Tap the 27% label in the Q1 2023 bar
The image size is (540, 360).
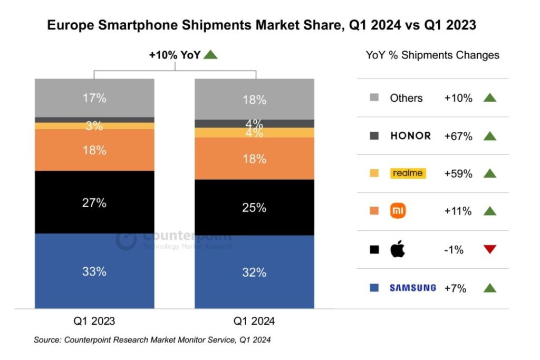(95, 203)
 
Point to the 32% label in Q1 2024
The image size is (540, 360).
(254, 273)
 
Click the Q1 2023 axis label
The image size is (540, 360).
(95, 320)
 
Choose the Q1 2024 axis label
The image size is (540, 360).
(254, 320)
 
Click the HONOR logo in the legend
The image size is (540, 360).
(410, 135)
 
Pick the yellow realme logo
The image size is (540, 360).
(407, 173)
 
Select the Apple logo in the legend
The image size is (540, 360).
(398, 249)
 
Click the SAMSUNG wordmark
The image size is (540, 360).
(412, 288)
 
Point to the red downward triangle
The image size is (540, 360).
(490, 249)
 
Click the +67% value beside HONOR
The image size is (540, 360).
(458, 136)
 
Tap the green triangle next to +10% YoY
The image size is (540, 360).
(210, 54)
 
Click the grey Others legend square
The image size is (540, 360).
(375, 98)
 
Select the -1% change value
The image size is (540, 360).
(454, 250)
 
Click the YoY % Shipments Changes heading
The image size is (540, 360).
(432, 55)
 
